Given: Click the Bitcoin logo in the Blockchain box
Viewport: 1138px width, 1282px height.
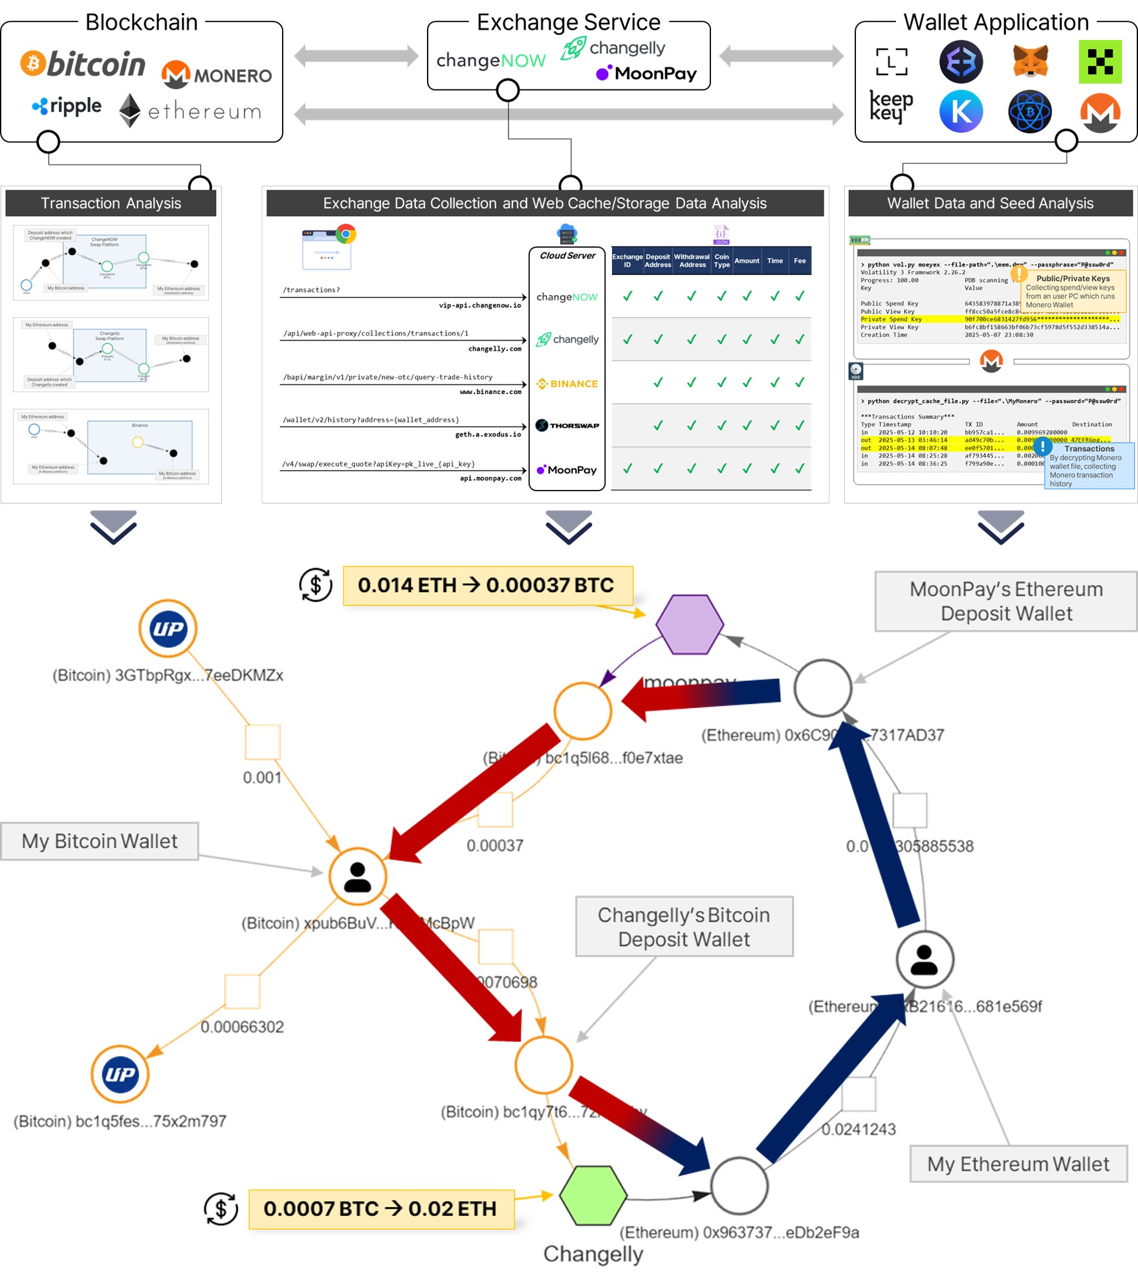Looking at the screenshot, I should pyautogui.click(x=83, y=63).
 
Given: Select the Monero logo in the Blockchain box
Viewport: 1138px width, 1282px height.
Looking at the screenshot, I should pyautogui.click(x=217, y=75).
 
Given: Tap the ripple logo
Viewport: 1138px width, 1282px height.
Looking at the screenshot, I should pyautogui.click(x=67, y=106).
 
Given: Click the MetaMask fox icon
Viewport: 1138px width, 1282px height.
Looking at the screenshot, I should pyautogui.click(x=1030, y=61).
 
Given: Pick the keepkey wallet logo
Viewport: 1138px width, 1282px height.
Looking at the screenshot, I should pyautogui.click(x=891, y=106).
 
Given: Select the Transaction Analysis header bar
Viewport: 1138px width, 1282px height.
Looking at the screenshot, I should pyautogui.click(x=111, y=203).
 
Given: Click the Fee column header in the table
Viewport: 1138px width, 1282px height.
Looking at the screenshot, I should pyautogui.click(x=800, y=261).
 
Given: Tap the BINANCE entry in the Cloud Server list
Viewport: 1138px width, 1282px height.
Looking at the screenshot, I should pyautogui.click(x=567, y=384).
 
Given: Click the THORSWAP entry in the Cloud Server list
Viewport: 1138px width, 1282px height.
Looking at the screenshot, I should pyautogui.click(x=567, y=426).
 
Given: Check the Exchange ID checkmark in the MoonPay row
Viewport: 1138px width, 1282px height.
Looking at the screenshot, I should pyautogui.click(x=627, y=469).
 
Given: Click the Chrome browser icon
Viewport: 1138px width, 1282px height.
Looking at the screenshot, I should pyautogui.click(x=346, y=234).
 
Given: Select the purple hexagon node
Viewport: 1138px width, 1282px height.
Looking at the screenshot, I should pyautogui.click(x=690, y=624).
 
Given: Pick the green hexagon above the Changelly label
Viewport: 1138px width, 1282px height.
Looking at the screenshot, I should pyautogui.click(x=593, y=1195).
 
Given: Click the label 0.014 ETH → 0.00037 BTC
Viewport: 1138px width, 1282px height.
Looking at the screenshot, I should pyautogui.click(x=487, y=586).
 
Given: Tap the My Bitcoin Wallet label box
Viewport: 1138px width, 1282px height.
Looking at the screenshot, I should pyautogui.click(x=100, y=841).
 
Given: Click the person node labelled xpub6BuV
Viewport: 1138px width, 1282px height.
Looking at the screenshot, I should pyautogui.click(x=357, y=877).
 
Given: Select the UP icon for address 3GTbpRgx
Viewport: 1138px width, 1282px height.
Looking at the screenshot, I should pyautogui.click(x=168, y=628).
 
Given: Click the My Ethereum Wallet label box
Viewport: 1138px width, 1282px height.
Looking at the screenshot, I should pyautogui.click(x=1018, y=1164).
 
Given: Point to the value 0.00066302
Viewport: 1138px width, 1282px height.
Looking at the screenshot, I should pyautogui.click(x=242, y=1027).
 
